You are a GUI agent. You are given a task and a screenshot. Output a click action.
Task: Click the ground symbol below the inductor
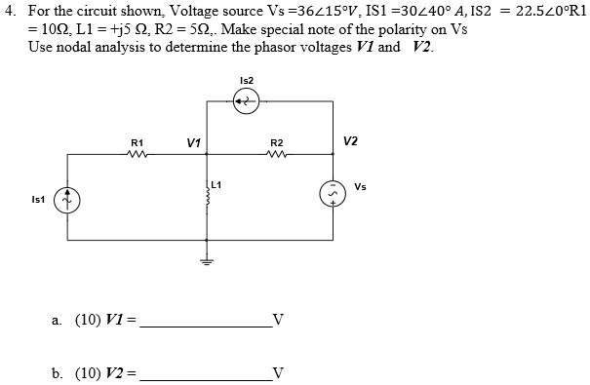click(208, 259)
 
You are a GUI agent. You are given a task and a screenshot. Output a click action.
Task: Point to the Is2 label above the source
click(247, 80)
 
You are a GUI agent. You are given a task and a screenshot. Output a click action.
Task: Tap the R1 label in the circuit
click(138, 143)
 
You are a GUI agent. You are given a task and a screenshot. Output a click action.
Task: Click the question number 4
click(10, 10)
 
